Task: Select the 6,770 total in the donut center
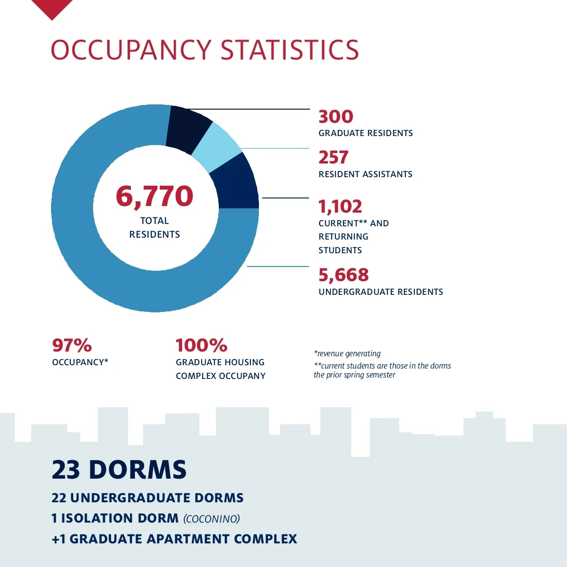155,196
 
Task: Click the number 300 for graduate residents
335,117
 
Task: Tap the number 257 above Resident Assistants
333,157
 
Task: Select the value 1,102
340,206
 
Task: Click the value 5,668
343,275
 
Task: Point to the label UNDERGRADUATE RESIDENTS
381,292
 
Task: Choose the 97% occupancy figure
72,345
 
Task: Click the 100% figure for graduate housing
201,345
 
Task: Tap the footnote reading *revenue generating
347,353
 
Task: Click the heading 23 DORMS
119,470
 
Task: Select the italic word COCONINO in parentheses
212,519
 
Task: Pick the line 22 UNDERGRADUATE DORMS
147,498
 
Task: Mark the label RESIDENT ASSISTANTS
365,174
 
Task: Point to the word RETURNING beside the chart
344,237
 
